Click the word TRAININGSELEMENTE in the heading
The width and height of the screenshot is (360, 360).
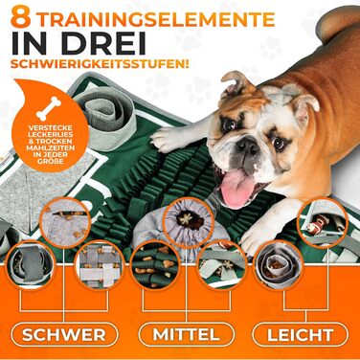pyautogui.click(x=155, y=18)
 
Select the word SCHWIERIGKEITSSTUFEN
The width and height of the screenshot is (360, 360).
pyautogui.click(x=100, y=63)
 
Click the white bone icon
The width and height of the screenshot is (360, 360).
pyautogui.click(x=49, y=108)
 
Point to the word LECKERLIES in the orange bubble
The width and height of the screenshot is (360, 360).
pyautogui.click(x=50, y=135)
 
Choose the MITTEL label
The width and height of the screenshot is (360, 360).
pyautogui.click(x=186, y=334)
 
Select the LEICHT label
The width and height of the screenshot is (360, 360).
pyautogui.click(x=301, y=335)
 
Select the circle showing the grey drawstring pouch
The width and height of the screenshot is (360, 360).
pyautogui.click(x=189, y=219)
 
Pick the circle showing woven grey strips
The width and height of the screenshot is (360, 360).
pyautogui.click(x=99, y=265)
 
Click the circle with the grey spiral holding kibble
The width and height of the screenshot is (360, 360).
pyautogui.click(x=278, y=265)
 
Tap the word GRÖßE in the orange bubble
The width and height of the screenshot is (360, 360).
pyautogui.click(x=50, y=161)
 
